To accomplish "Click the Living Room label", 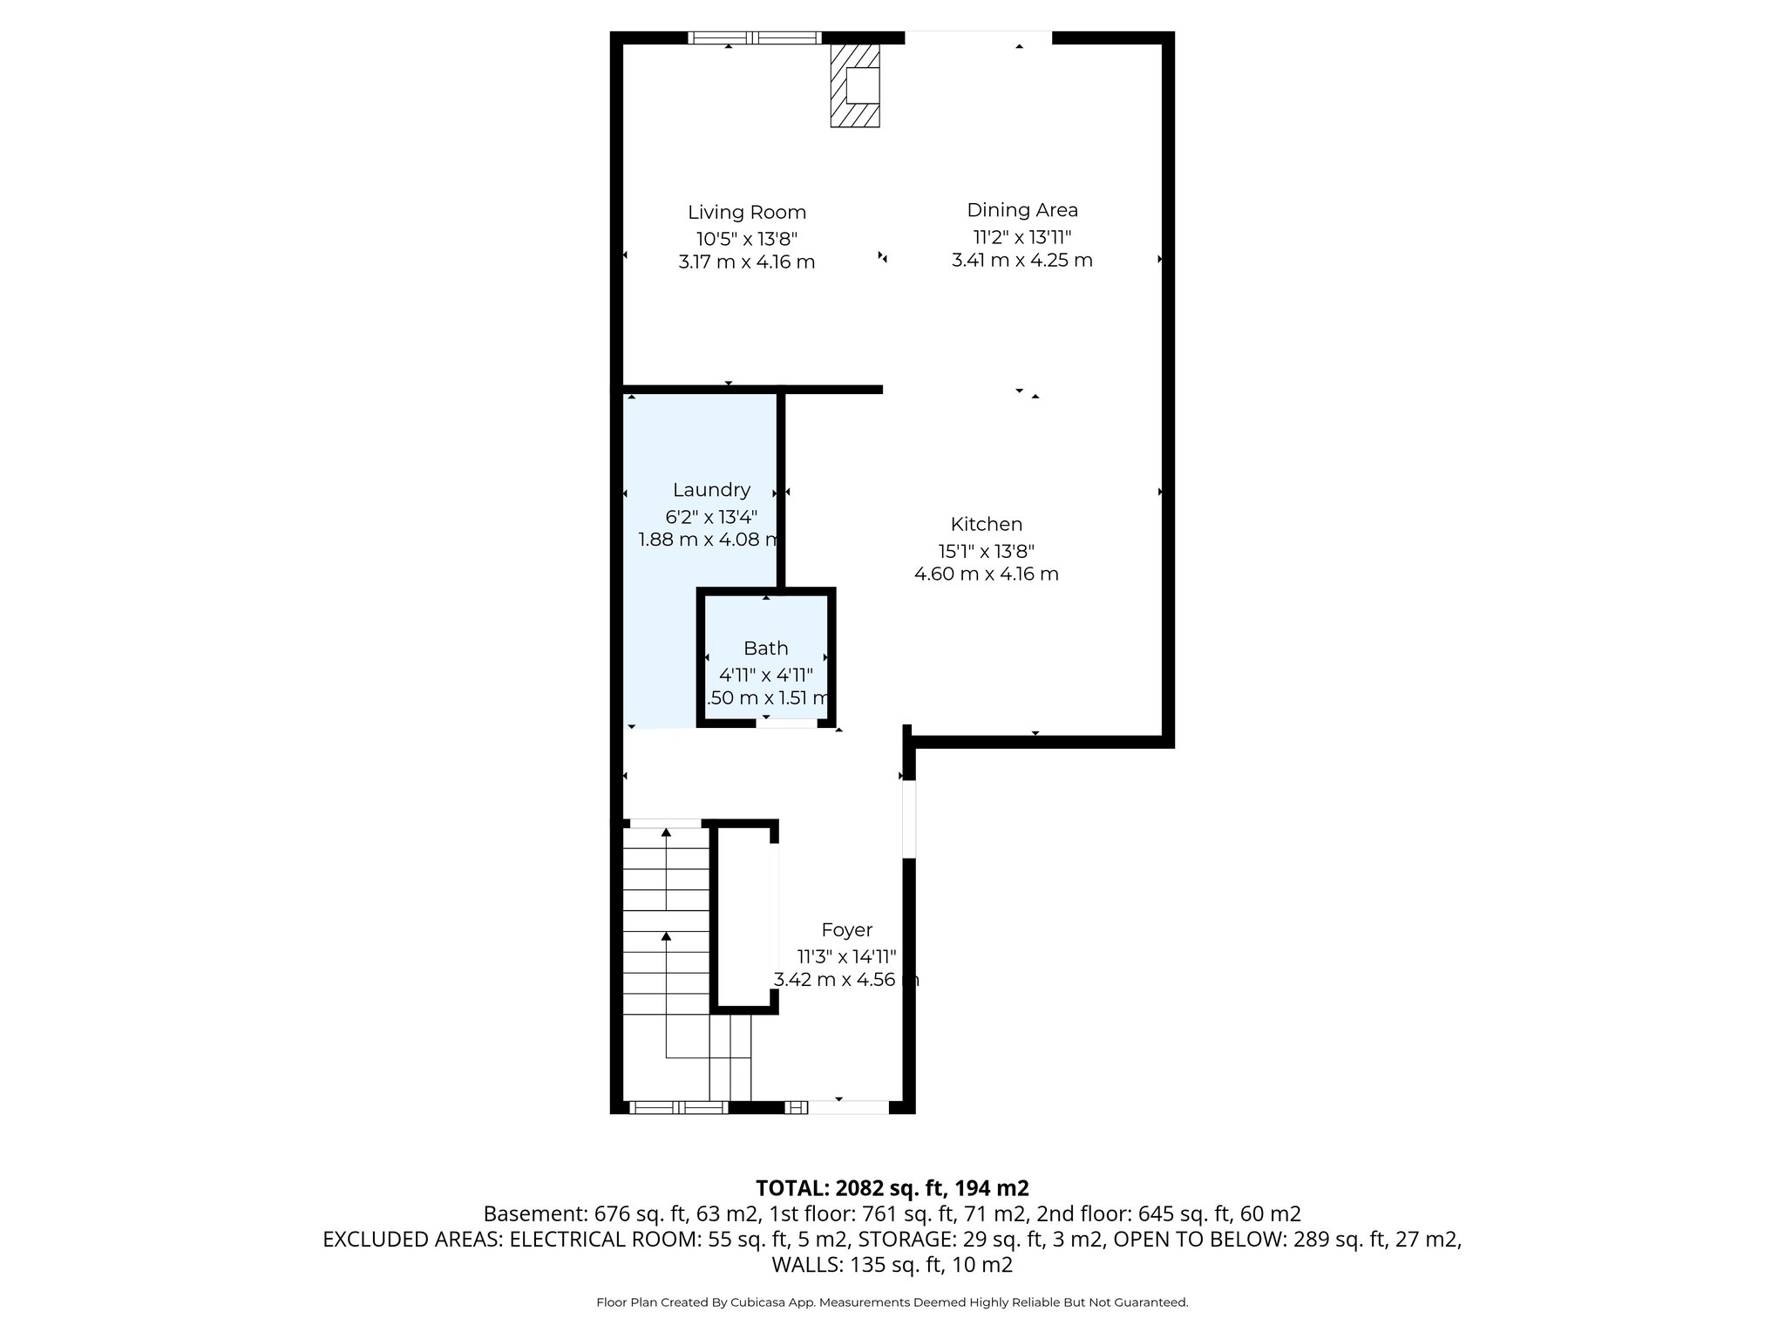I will coord(746,212).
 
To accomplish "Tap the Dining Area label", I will coord(1021,209).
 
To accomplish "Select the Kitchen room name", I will coord(986,524).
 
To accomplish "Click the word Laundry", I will coord(711,490).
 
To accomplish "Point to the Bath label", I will coord(765,648).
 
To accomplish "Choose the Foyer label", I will coord(846,929).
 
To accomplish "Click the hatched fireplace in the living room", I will coord(854,86).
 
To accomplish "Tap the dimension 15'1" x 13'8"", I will coord(986,550).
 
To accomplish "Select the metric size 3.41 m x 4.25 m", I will coord(1021,260).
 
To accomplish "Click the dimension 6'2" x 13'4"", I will coord(711,515).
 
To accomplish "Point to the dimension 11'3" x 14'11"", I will coord(846,955).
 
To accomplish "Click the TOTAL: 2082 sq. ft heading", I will coord(892,1187).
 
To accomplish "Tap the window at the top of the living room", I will coord(754,37).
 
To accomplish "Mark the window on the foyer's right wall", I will coord(908,818).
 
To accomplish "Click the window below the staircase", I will coord(678,1107).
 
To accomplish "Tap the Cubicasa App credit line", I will coord(892,1302).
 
